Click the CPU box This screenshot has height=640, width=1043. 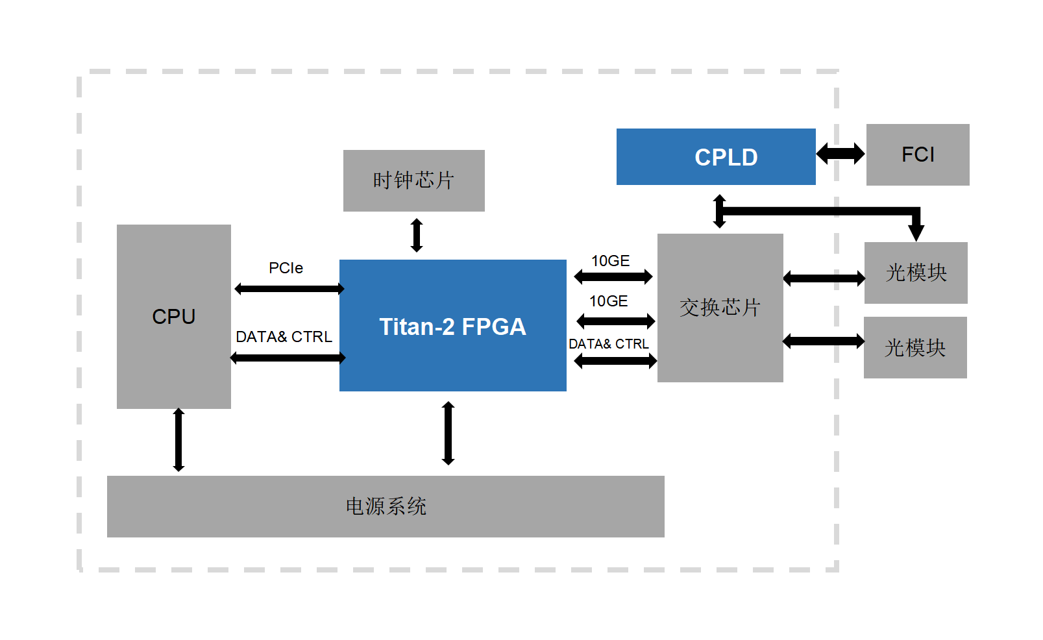(x=173, y=316)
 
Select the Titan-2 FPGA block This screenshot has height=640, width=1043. (x=452, y=325)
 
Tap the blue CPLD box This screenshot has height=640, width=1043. (x=715, y=156)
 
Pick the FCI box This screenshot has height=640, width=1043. (x=917, y=154)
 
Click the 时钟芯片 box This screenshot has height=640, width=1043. (x=413, y=180)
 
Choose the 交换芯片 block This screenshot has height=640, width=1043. (x=720, y=308)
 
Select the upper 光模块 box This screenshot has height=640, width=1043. (x=915, y=273)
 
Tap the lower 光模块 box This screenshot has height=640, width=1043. (x=914, y=347)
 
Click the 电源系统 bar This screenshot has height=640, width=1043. (x=386, y=506)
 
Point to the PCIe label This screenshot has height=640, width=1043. (x=286, y=268)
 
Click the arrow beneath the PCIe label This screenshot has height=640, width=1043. (x=289, y=289)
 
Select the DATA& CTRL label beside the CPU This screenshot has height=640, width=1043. (x=284, y=337)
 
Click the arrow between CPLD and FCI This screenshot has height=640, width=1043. (x=841, y=154)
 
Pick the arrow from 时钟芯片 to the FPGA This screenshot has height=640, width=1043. (x=417, y=235)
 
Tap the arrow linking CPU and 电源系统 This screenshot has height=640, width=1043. (x=178, y=439)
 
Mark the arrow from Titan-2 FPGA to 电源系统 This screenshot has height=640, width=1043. (x=448, y=433)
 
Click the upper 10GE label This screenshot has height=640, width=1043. (x=610, y=261)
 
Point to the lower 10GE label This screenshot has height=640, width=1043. (x=608, y=301)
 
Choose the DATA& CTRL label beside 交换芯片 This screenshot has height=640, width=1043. (x=608, y=344)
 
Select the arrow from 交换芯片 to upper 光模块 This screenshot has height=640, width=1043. (x=824, y=279)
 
